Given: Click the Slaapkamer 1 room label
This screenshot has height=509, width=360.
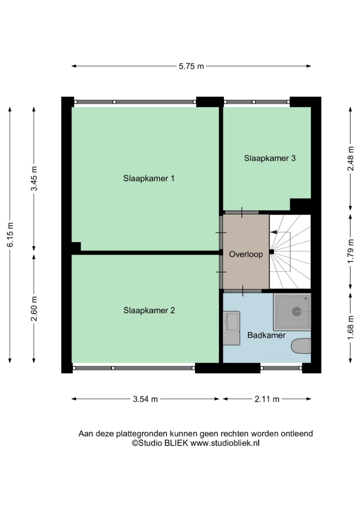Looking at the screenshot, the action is click(149, 179).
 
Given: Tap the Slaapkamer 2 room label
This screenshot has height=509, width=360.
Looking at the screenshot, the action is click(149, 310).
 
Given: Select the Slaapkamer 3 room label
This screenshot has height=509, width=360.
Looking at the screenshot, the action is click(270, 158).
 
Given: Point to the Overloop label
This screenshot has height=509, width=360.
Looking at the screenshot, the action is click(246, 254).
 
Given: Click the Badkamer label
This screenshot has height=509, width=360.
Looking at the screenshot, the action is click(266, 335).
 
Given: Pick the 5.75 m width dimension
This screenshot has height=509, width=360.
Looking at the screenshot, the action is click(191, 66).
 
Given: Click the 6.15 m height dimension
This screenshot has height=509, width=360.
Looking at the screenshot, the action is click(11, 235).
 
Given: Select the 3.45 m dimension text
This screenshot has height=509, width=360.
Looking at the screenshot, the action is click(34, 179).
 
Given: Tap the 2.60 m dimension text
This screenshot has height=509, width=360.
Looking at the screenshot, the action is click(34, 308).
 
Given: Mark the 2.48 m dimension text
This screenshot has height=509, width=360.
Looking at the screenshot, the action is click(351, 158).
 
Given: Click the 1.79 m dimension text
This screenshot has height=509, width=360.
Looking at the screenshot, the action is click(351, 251).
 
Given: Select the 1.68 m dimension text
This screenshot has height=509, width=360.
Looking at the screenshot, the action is click(351, 327).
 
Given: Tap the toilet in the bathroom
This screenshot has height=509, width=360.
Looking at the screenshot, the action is click(301, 346).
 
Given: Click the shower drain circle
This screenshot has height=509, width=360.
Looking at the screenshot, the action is click(297, 311).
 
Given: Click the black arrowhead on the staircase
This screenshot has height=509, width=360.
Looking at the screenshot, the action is click(273, 232).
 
